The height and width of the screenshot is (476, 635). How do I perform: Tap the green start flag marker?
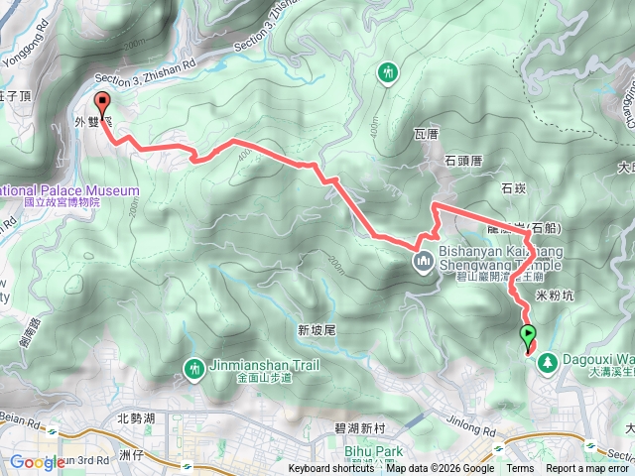tap(528, 335)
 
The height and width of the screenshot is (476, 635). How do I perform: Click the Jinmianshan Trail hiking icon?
tap(192, 368)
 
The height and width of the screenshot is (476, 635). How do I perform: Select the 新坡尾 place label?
tap(317, 330)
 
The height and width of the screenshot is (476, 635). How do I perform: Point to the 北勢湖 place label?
tap(136, 417)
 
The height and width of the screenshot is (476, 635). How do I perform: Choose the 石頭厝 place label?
tap(462, 160)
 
